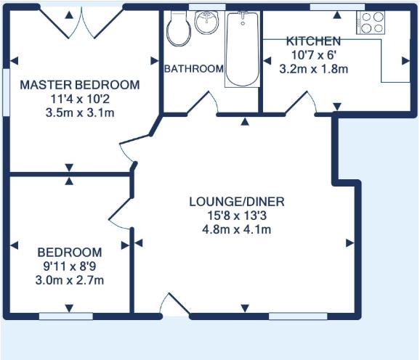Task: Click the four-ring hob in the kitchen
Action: click(x=371, y=23)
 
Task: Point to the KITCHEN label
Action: click(x=313, y=41)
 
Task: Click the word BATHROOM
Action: click(x=193, y=69)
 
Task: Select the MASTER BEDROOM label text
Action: click(x=79, y=85)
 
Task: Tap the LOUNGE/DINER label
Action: click(x=236, y=201)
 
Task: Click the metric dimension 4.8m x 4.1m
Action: click(x=236, y=230)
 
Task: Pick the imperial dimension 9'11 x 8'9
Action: click(x=70, y=266)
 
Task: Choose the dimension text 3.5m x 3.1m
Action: click(x=79, y=112)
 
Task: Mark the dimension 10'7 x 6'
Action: click(x=313, y=54)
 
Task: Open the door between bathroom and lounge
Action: click(x=203, y=104)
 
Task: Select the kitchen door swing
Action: click(x=300, y=104)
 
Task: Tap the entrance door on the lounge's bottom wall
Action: click(x=175, y=306)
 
